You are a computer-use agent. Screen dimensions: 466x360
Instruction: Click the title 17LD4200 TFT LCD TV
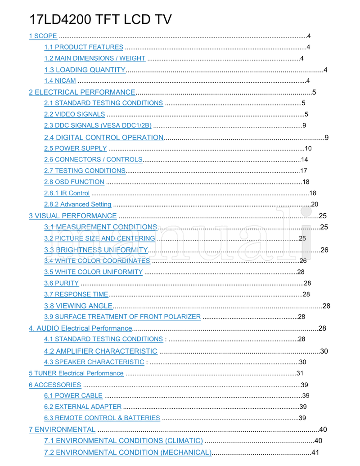point(100,19)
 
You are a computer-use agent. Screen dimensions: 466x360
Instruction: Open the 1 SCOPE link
point(43,36)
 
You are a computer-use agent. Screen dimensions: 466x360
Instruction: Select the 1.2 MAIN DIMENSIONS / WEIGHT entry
point(94,58)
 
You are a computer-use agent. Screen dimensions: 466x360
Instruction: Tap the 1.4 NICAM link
point(60,81)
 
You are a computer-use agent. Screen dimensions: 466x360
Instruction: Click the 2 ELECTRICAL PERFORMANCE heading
point(82,92)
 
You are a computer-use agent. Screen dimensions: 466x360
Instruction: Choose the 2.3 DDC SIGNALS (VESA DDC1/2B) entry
point(98,125)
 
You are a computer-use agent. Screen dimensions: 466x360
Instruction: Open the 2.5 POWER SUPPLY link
point(75,148)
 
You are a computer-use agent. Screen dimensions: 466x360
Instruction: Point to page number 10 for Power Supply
point(308,148)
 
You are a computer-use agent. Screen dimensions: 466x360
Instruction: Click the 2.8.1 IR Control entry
point(67,193)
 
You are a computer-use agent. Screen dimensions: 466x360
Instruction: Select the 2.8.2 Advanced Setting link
point(77,205)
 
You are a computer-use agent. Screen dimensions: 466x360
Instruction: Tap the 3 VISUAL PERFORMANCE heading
point(73,216)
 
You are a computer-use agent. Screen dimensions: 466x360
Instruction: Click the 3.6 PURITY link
point(61,283)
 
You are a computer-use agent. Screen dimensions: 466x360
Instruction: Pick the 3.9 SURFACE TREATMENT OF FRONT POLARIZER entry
point(122,317)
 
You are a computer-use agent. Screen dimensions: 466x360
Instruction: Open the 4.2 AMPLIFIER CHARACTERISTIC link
point(101,351)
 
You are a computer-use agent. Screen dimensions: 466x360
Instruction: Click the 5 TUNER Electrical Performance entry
point(76,373)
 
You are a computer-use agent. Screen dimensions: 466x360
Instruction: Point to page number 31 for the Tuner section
point(300,373)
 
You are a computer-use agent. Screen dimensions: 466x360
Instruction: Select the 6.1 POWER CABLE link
point(73,396)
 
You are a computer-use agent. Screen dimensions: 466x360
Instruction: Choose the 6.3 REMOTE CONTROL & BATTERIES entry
point(102,418)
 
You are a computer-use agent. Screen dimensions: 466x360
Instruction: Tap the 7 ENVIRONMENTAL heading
point(62,430)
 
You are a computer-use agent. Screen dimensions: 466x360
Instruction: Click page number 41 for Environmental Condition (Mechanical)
point(315,452)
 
